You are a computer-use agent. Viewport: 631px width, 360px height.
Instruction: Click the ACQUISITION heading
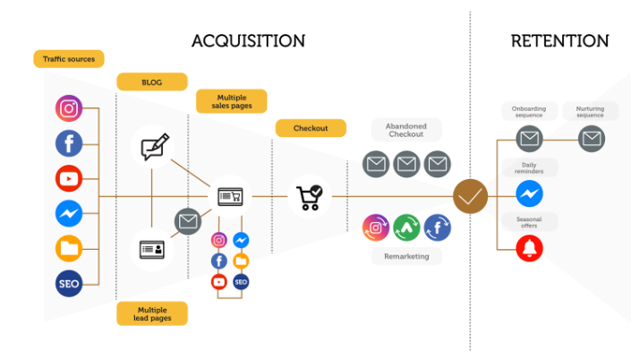click(248, 41)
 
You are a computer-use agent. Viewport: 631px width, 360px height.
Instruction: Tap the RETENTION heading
click(559, 41)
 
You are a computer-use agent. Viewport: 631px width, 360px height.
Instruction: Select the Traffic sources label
click(69, 60)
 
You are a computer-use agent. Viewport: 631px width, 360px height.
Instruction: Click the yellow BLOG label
click(151, 82)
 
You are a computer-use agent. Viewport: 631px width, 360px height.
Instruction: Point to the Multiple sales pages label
click(230, 101)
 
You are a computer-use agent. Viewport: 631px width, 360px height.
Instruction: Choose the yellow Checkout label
click(310, 128)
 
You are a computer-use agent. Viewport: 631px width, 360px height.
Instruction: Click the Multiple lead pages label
click(151, 313)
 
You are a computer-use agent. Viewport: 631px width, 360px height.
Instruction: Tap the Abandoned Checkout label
click(406, 131)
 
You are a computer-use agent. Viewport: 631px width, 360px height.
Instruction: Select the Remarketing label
click(406, 256)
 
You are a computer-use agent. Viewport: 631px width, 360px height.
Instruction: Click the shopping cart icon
click(309, 196)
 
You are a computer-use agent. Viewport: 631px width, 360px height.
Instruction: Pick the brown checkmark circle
click(470, 196)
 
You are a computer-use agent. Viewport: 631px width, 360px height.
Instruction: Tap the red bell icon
click(529, 247)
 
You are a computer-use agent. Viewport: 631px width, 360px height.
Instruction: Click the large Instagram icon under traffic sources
click(69, 109)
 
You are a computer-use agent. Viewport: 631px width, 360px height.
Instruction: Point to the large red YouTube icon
click(69, 178)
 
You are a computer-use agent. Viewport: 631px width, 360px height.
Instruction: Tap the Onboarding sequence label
click(529, 113)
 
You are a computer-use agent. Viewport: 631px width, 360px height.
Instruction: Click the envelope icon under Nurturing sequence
click(591, 139)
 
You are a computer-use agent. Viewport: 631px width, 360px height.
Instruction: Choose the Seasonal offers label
click(529, 221)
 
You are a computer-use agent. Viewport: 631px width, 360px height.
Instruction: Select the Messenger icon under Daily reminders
click(529, 193)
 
